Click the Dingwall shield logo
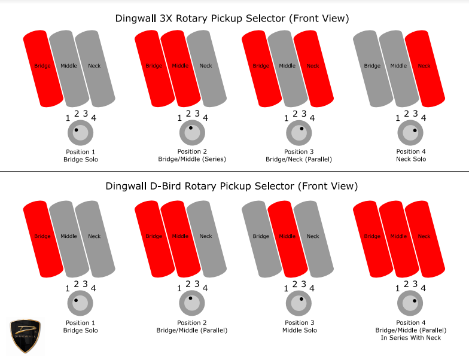[25, 336]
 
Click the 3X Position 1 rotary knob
[80, 133]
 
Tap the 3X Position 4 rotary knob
[410, 133]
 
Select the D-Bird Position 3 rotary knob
[299, 303]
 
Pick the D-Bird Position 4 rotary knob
[410, 303]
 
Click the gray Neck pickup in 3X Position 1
[95, 68]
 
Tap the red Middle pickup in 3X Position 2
[181, 68]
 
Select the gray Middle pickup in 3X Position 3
[288, 68]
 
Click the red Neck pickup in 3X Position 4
[425, 68]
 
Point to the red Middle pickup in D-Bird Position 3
[288, 239]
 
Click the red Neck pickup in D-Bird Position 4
[425, 239]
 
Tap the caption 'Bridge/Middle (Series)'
[192, 159]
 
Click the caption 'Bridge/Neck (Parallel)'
[299, 159]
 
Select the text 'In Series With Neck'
[410, 337]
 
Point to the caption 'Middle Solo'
[300, 330]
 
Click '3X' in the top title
[166, 19]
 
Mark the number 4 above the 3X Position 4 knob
[424, 118]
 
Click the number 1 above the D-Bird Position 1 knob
[68, 288]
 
